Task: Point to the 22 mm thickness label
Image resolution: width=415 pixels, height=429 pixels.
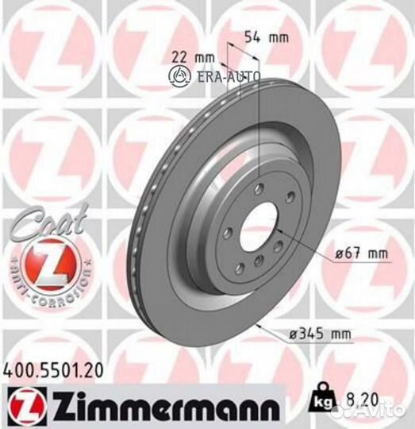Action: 187,56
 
